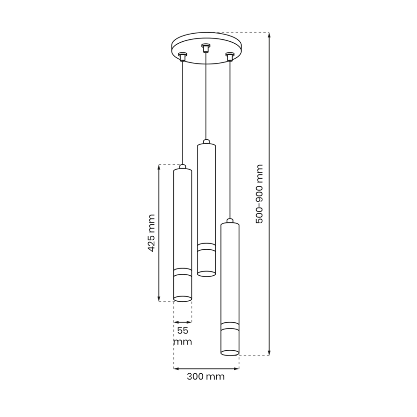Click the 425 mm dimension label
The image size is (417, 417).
[x=151, y=233]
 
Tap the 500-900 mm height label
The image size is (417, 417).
[x=259, y=194]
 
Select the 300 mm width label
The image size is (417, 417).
[x=206, y=377]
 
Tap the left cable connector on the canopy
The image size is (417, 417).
[x=183, y=57]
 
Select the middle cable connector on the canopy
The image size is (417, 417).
[x=206, y=48]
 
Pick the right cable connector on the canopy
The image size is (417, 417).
[x=230, y=57]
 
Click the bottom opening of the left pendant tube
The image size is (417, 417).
[x=183, y=299]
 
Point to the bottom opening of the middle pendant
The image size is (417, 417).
[x=206, y=274]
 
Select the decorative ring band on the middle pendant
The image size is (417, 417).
[x=206, y=247]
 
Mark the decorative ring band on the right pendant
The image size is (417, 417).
[x=230, y=325]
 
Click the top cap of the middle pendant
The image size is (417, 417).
[x=206, y=142]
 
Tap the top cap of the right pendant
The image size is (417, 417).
[x=230, y=221]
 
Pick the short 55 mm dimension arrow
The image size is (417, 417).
[x=183, y=322]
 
